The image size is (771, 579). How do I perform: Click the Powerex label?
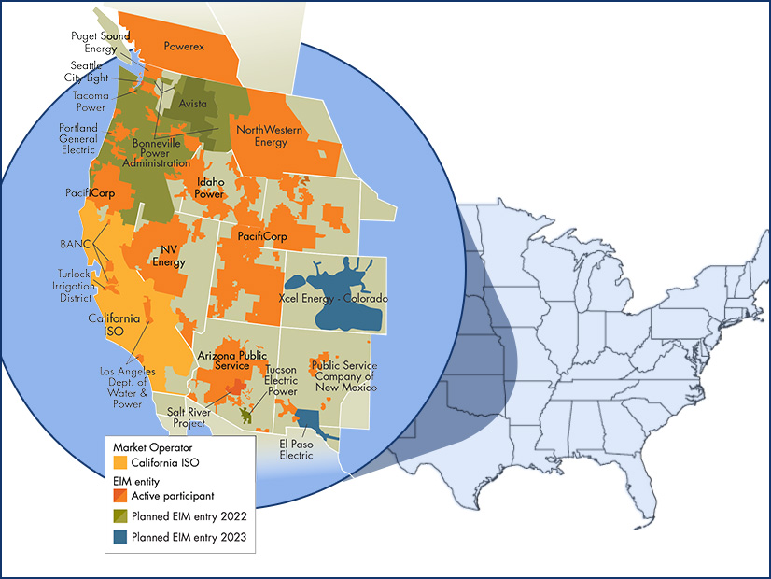click(x=184, y=45)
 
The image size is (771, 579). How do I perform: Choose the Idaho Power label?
click(x=209, y=189)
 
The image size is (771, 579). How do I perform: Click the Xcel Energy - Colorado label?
click(x=333, y=298)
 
